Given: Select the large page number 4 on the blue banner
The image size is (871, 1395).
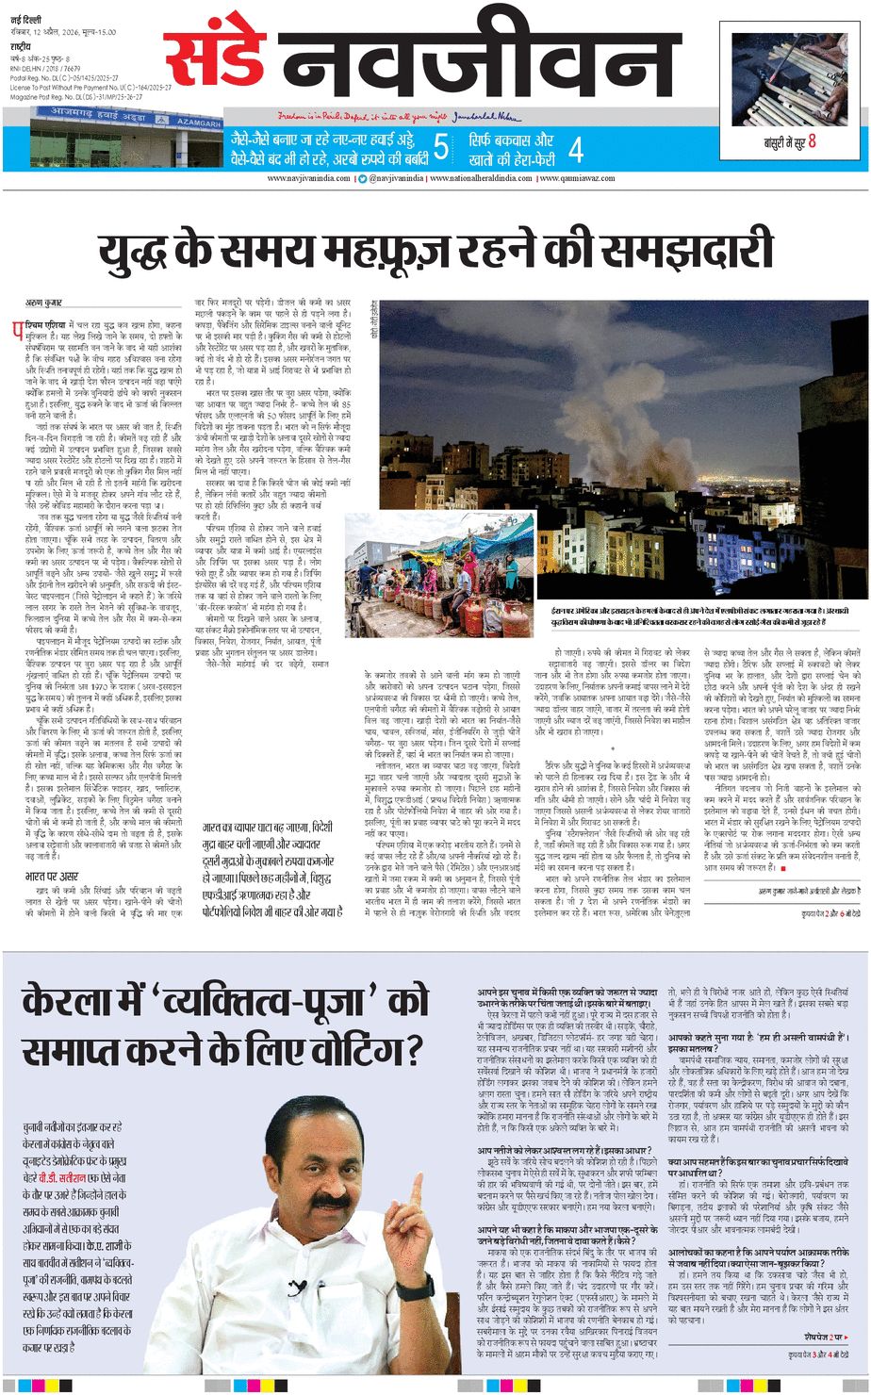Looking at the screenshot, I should pyautogui.click(x=575, y=149).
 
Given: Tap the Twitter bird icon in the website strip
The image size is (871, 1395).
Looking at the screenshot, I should pyautogui.click(x=361, y=178).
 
